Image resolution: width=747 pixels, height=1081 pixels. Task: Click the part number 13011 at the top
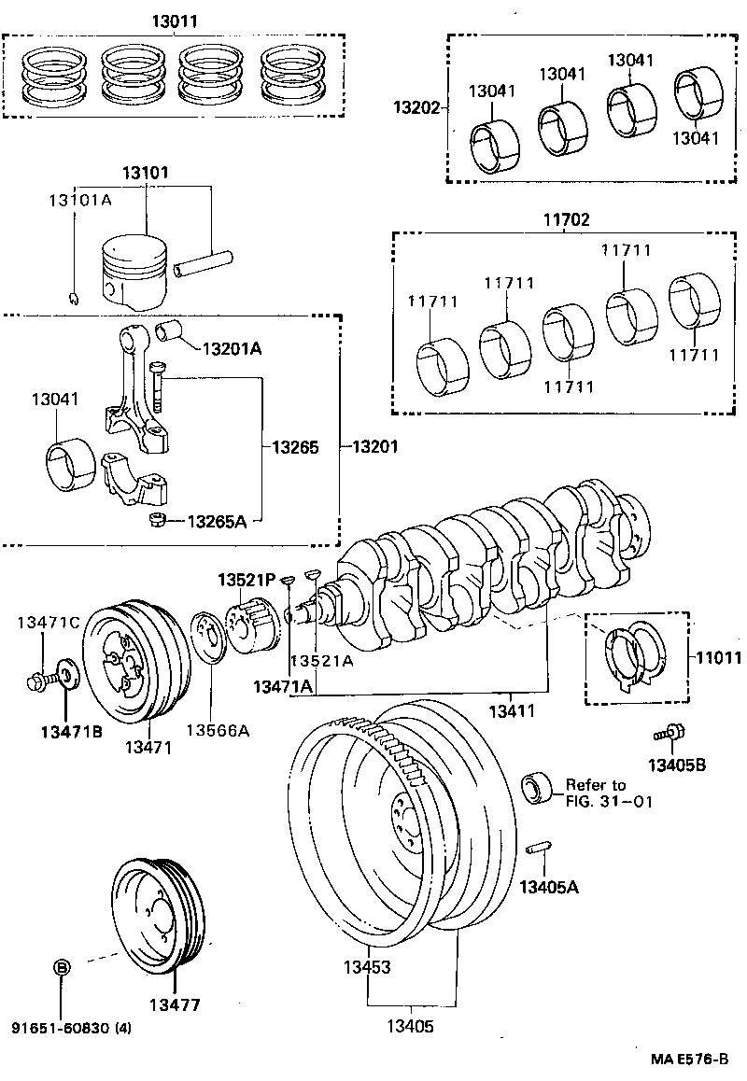pos(173,21)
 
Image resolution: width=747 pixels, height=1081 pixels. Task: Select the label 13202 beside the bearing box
pos(414,108)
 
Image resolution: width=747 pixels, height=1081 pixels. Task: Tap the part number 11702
pos(565,220)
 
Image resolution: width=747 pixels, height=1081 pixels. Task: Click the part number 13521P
pos(247,580)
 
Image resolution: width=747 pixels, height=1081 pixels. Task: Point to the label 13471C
pos(49,621)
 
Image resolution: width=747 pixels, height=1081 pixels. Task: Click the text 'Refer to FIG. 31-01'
pos(599,793)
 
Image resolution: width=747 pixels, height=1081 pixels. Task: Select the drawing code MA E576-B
pos(689,1060)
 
